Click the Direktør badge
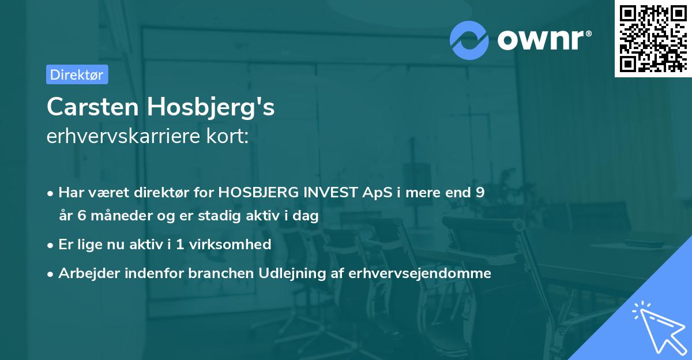(77, 74)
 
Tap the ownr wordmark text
(542, 39)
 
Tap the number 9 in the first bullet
(480, 193)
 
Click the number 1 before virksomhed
(180, 245)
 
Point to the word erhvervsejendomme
(420, 273)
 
